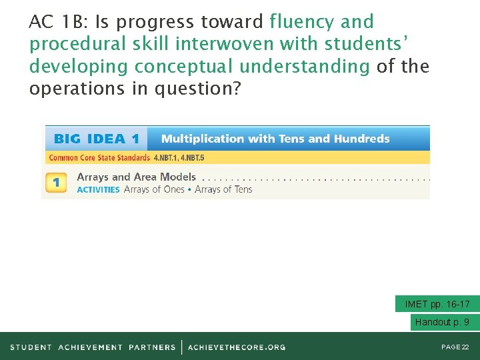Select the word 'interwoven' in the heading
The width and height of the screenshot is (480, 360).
tap(226, 45)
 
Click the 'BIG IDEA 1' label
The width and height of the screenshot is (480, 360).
tap(96, 139)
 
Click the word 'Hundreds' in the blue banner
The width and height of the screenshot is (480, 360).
tap(361, 139)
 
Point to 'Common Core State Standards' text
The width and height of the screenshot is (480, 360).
tap(99, 158)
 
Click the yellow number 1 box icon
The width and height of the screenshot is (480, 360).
tap(56, 183)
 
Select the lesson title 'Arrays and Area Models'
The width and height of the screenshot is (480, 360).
tap(136, 177)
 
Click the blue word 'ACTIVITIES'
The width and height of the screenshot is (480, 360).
tap(98, 189)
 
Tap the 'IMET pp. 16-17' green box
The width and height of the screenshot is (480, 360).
tap(437, 304)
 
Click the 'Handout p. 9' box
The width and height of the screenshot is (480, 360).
tap(441, 322)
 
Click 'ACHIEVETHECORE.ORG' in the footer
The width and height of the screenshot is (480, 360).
tap(237, 347)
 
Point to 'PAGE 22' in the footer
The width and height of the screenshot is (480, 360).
tap(455, 347)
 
